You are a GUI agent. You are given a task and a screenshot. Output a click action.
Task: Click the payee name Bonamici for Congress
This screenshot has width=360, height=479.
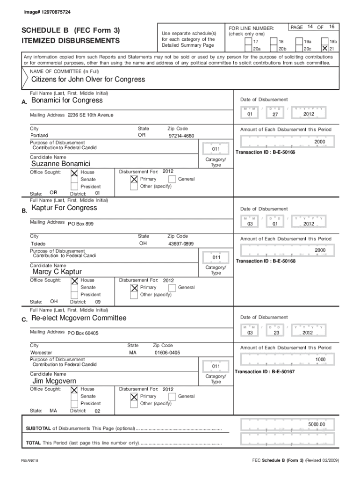[x=67, y=101]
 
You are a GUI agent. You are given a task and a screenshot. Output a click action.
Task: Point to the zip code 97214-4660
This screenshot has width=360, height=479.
[x=181, y=136]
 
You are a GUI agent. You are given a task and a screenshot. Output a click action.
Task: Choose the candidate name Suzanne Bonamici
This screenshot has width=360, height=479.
[x=60, y=164]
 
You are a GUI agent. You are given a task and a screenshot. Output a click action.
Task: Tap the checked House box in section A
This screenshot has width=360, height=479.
[x=74, y=173]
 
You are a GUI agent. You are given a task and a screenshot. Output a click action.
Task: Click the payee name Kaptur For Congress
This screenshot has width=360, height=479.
[x=64, y=208]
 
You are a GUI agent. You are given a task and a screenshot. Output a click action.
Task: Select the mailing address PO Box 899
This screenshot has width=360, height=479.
[x=81, y=224]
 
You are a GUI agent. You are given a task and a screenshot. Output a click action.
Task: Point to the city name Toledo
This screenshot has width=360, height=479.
[x=38, y=244]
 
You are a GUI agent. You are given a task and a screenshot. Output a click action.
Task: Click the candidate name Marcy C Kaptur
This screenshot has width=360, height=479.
[x=57, y=272]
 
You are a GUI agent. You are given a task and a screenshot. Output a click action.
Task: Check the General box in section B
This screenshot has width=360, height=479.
[x=173, y=288]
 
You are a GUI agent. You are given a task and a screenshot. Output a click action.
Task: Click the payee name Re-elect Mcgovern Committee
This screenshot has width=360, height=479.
[x=79, y=318]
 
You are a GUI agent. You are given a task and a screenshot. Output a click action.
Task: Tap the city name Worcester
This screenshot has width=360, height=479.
[x=41, y=352]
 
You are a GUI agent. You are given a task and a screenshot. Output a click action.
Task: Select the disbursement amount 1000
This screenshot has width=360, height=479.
[x=320, y=359]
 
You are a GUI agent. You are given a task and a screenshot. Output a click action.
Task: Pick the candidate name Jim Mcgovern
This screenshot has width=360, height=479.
[x=54, y=381]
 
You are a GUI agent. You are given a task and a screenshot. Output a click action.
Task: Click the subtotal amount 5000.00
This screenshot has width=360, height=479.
[x=316, y=424]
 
